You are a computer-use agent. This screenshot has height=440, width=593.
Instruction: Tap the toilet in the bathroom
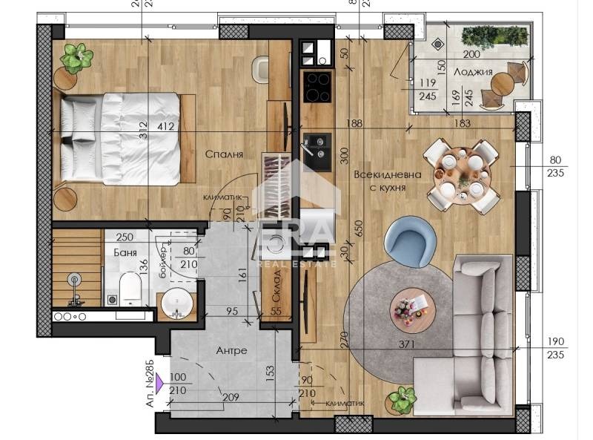coord(131,287)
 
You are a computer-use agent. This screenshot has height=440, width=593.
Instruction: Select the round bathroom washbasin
coord(176,304)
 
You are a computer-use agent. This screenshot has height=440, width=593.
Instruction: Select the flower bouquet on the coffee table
coord(406,306)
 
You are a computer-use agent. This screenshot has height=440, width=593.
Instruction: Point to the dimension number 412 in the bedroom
coord(165,127)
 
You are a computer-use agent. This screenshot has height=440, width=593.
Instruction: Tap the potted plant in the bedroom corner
coord(78,56)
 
